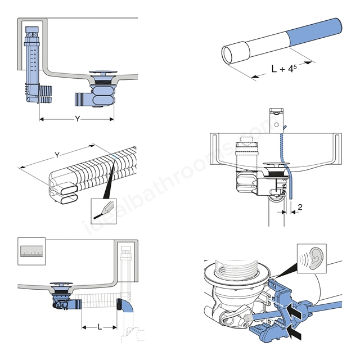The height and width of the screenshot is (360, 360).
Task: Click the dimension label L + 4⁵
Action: (282, 69)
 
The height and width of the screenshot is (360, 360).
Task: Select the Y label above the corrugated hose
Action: (57, 155)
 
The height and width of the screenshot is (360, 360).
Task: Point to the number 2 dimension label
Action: (300, 207)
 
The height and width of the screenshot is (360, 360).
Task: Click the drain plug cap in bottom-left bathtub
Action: (60, 284)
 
